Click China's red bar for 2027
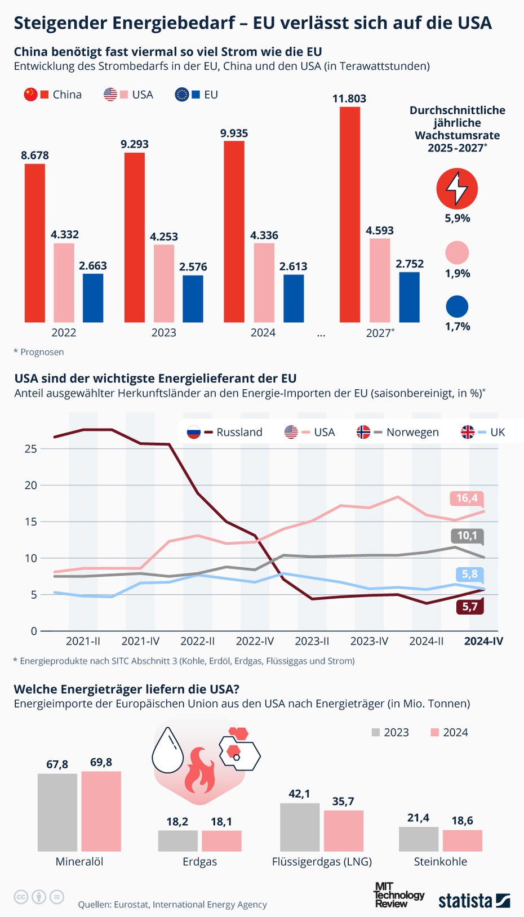tap(349, 214)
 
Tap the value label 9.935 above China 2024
tap(234, 133)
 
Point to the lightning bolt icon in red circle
tap(457, 188)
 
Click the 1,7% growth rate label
tap(457, 326)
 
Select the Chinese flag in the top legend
tap(30, 95)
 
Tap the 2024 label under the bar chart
tap(263, 333)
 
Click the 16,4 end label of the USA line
tap(467, 498)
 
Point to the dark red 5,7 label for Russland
tap(469, 607)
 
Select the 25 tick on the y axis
tap(31, 449)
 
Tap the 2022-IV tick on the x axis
tap(255, 641)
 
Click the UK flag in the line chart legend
tap(468, 432)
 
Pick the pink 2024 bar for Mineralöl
tap(101, 811)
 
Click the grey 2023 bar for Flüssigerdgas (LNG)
tap(300, 827)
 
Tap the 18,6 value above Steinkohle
tap(462, 821)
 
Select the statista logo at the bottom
tap(474, 900)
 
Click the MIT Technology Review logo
tap(398, 895)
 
